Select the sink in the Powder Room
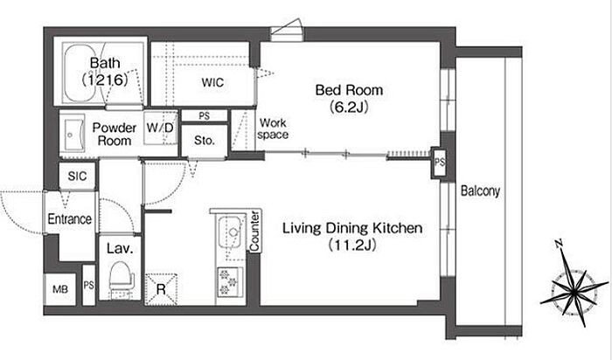(x=73, y=134)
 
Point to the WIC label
(x=212, y=82)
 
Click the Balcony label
(x=480, y=190)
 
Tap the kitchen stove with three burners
(x=230, y=281)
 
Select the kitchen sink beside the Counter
(x=231, y=232)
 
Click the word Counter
(x=254, y=232)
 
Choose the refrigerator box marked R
(x=161, y=289)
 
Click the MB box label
(x=60, y=289)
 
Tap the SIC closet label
(x=77, y=176)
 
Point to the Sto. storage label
(x=204, y=140)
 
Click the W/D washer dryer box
(x=160, y=128)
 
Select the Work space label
(x=273, y=128)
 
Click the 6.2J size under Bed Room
(x=349, y=107)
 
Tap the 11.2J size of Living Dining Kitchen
(x=351, y=245)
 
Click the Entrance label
(x=69, y=218)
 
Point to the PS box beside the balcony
(x=439, y=163)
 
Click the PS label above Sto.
(x=204, y=116)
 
